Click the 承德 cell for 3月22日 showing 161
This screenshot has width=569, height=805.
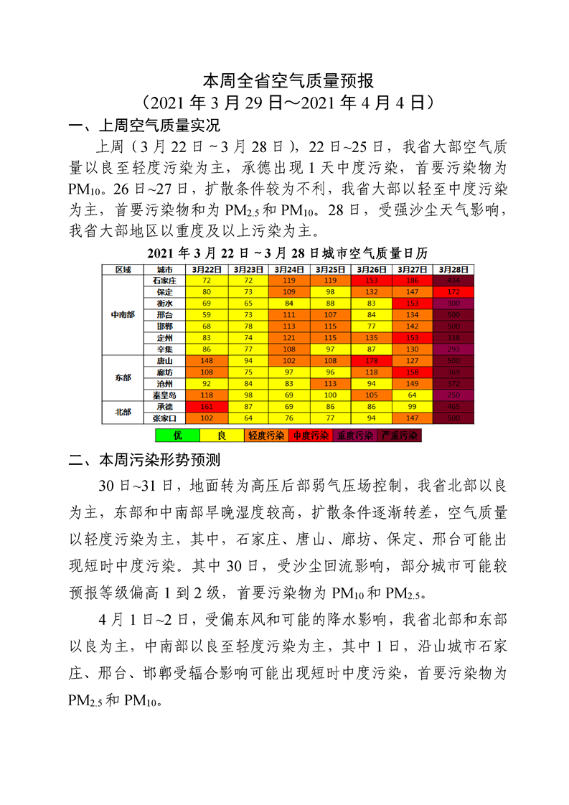(207, 406)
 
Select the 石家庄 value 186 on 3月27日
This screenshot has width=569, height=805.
(412, 281)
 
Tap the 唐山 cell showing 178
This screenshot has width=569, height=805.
(372, 360)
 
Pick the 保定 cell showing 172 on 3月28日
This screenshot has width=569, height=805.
(453, 292)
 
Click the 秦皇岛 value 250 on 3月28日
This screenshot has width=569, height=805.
(453, 395)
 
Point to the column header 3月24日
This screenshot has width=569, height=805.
(290, 269)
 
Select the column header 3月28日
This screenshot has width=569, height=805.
(453, 269)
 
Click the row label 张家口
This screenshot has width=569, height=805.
(165, 418)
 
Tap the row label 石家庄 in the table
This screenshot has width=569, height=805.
(165, 281)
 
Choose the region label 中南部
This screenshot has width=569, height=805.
(123, 314)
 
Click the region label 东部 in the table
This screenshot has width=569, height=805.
(123, 377)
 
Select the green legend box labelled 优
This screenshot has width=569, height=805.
(177, 436)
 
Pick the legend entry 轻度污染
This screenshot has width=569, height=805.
(266, 436)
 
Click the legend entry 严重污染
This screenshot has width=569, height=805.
(400, 436)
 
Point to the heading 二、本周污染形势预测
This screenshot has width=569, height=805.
(143, 460)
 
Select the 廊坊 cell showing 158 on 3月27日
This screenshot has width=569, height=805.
(412, 372)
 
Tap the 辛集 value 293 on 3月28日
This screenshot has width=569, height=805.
(453, 349)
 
